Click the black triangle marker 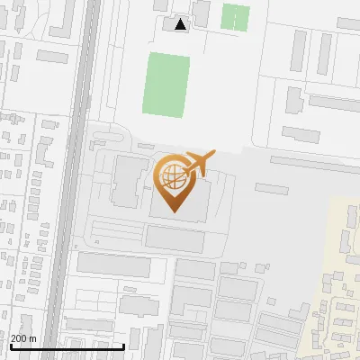tap(181, 24)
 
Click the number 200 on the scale tap(19, 338)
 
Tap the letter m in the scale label tap(32, 338)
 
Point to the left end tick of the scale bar tap(10, 345)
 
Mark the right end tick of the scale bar tap(123, 345)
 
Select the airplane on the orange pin tap(198, 163)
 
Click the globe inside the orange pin tap(171, 175)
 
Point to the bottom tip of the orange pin tap(175, 211)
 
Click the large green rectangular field tap(167, 84)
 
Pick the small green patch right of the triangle tap(236, 17)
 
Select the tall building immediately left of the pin tap(125, 181)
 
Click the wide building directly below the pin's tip tap(175, 238)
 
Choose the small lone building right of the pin tap(271, 189)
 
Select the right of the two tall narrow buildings tap(325, 56)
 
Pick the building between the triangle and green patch tap(202, 13)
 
